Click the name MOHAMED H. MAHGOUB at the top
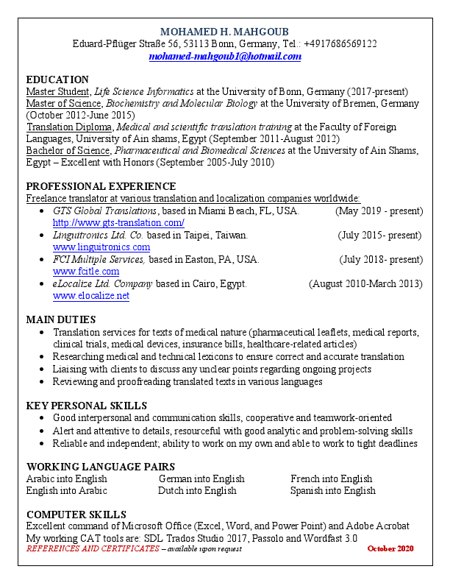tap(224, 32)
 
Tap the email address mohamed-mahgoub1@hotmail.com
tap(224, 56)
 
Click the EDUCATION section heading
tap(57, 79)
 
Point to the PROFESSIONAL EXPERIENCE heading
tap(101, 186)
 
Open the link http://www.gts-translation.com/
tap(118, 222)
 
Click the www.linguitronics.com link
tap(101, 247)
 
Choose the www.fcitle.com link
tap(86, 272)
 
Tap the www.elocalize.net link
tap(91, 296)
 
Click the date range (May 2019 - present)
tap(379, 211)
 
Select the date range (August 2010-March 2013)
tap(365, 283)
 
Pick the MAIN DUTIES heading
tap(61, 319)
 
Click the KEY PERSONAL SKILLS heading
tap(87, 406)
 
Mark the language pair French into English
tap(332, 478)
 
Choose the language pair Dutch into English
tap(197, 490)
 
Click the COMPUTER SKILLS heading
tap(76, 514)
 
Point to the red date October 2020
tap(390, 548)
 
